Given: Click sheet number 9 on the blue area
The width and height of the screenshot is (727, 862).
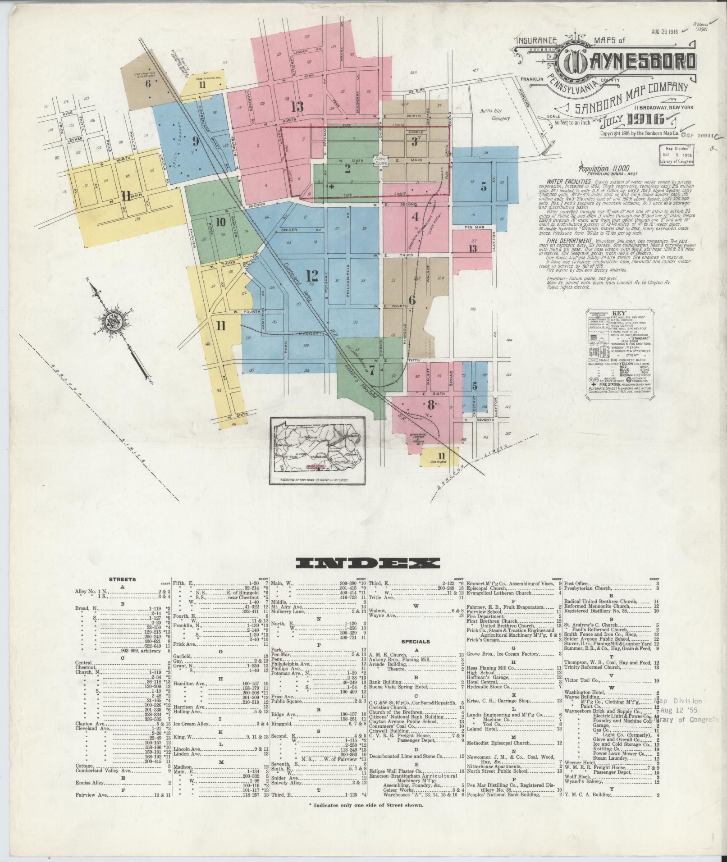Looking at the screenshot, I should [195, 141].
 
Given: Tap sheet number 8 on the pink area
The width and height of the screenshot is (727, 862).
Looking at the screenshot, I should [430, 405].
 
